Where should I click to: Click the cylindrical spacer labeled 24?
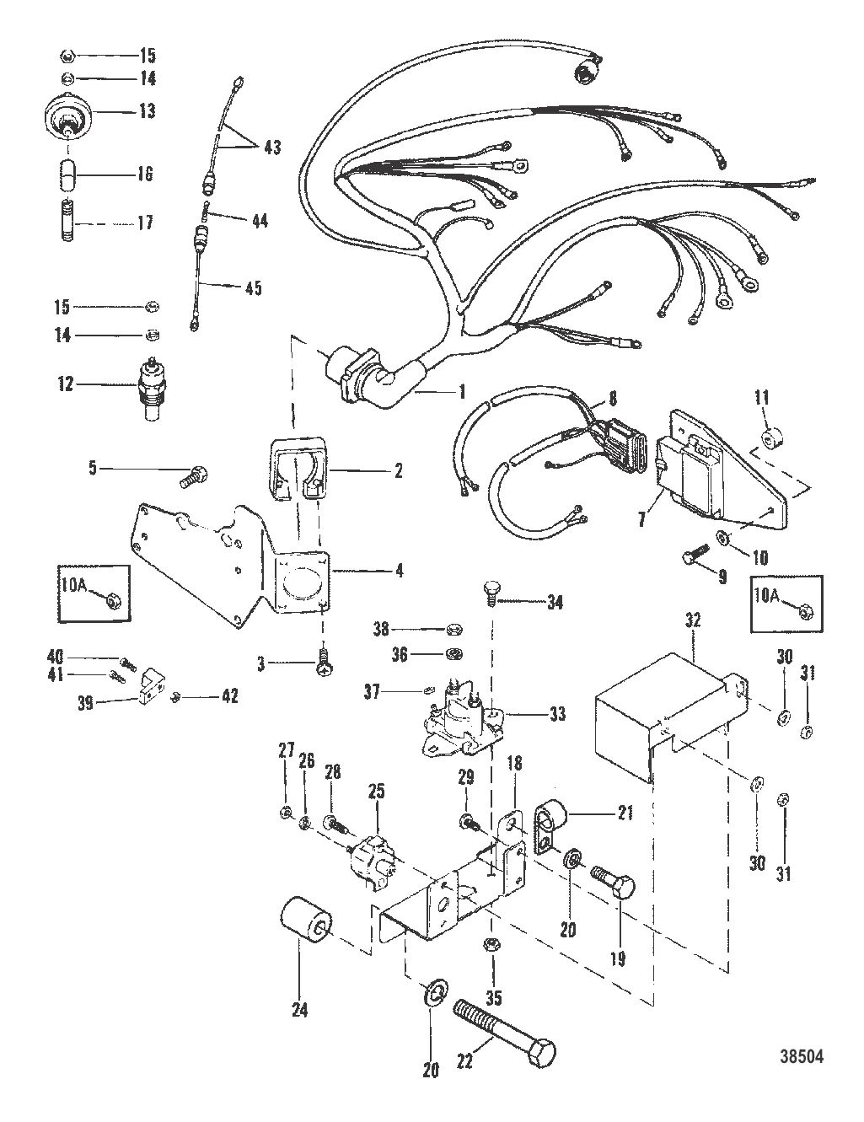(x=309, y=927)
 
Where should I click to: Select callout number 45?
(x=253, y=287)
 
